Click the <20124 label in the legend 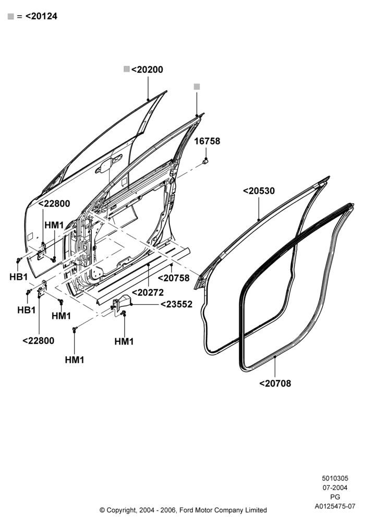pyautogui.click(x=41, y=16)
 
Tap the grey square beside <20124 pyautogui.click(x=10, y=16)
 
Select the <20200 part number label pyautogui.click(x=147, y=70)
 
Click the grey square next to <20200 pyautogui.click(x=126, y=69)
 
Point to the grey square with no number pyautogui.click(x=197, y=86)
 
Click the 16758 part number pyautogui.click(x=207, y=141)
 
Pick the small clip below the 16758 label pyautogui.click(x=205, y=162)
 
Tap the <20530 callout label pyautogui.click(x=259, y=191)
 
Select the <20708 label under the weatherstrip pyautogui.click(x=275, y=383)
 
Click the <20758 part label pyautogui.click(x=174, y=278)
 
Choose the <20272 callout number pyautogui.click(x=148, y=293)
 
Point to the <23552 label pyautogui.click(x=177, y=304)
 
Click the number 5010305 pyautogui.click(x=335, y=478)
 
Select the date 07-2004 pyautogui.click(x=335, y=488)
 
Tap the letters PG pyautogui.click(x=335, y=497)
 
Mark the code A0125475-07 pyautogui.click(x=335, y=506)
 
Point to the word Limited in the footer pyautogui.click(x=256, y=510)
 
